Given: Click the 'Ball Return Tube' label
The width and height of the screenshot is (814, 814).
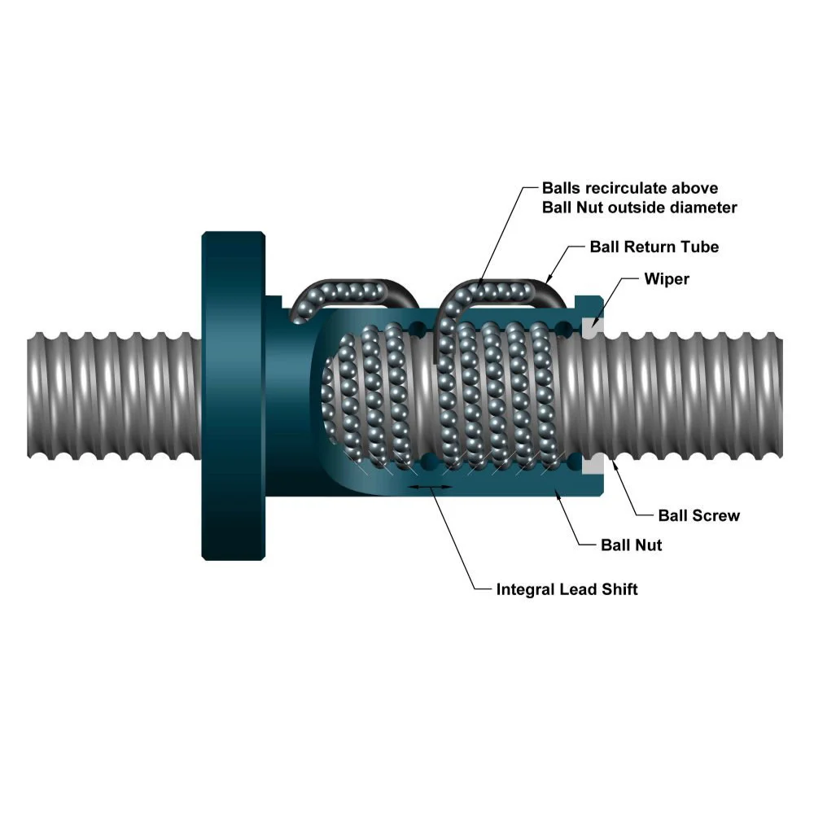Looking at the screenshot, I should pos(654,246).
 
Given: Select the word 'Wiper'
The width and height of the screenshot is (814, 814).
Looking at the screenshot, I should pos(667,279).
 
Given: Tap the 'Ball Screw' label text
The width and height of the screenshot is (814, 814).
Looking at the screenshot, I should pos(699,515).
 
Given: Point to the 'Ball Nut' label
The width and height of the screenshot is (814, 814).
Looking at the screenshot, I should pos(631,545).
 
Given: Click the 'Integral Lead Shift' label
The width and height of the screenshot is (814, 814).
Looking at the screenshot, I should pos(567,589).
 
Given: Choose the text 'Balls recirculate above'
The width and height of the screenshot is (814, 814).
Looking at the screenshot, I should pos(630,189).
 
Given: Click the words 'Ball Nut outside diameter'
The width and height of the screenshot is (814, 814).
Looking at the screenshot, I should pos(639,208).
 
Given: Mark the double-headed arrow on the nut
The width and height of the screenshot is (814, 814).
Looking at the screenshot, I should pos(428,487).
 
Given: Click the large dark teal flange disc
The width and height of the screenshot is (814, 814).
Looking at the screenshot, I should pos(234,396).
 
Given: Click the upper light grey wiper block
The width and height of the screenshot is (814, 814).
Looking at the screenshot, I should pos(593,324).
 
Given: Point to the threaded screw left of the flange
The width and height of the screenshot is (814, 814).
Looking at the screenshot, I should pos(114,396).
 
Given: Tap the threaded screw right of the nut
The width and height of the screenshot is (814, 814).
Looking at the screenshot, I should pos(692,396).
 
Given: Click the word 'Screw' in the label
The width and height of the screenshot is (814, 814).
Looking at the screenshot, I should pos(717,515).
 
